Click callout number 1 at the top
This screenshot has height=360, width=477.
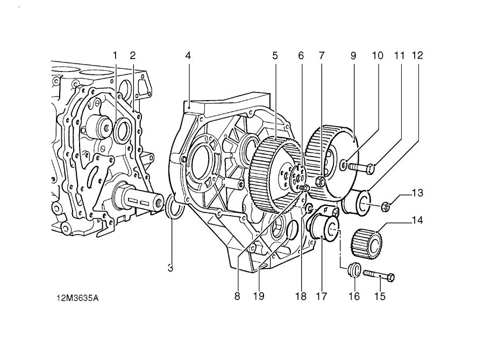[x=115, y=55]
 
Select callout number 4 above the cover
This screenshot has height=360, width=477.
[x=188, y=55]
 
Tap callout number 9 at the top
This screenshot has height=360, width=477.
[x=353, y=55]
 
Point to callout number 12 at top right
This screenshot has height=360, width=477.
[x=417, y=55]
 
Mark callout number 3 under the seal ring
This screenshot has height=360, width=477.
[x=170, y=267]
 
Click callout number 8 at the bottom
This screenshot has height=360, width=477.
[x=237, y=295]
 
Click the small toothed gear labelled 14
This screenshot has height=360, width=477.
[x=366, y=243]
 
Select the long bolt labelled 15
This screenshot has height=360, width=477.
[x=379, y=276]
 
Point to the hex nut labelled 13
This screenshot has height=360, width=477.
[x=386, y=206]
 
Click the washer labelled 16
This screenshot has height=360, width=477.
[x=353, y=269]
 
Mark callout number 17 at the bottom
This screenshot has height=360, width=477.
[x=322, y=295]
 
